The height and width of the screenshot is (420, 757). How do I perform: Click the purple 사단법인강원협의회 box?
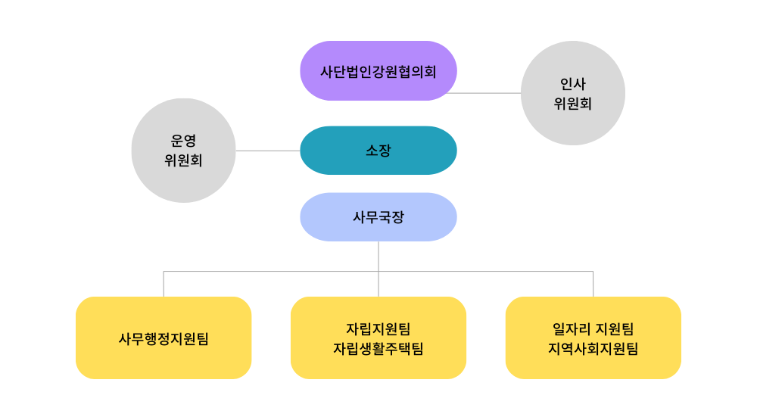378,71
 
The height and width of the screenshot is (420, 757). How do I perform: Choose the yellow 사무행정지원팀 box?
164,356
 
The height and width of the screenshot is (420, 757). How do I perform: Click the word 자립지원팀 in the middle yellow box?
378,329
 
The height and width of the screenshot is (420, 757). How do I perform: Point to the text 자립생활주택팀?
378,349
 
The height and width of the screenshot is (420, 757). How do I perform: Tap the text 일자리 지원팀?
593,329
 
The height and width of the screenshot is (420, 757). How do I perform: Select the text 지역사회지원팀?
593,349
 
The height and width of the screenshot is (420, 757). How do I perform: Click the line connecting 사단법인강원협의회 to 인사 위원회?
484,93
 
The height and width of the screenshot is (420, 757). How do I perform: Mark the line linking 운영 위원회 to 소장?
268,151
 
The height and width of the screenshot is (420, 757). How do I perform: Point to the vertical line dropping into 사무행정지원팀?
164,284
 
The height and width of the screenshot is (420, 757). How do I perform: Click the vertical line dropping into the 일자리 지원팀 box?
593,284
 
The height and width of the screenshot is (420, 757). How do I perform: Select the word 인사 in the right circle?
573,84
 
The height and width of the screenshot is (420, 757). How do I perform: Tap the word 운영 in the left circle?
183,141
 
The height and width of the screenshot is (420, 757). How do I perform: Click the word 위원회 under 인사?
573,104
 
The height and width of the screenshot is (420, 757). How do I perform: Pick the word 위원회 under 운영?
183,160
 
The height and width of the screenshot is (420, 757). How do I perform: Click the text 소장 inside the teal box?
378,151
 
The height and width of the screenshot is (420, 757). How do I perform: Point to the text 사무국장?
378,217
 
